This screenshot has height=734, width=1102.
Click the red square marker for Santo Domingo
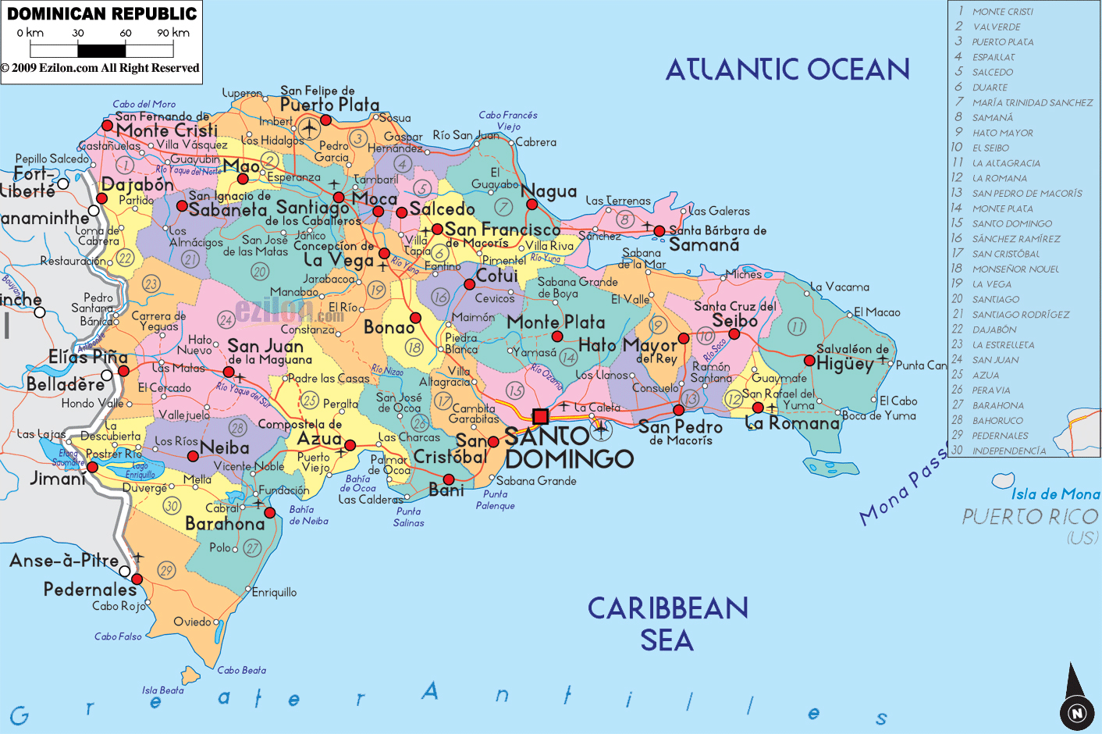(540, 416)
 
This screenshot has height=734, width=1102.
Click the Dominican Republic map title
(102, 14)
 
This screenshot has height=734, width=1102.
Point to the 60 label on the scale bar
(126, 33)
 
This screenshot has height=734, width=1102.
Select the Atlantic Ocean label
(787, 70)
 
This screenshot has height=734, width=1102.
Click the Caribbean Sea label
(667, 624)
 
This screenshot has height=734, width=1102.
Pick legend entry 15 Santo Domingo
(1011, 224)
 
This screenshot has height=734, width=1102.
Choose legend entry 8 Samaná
(993, 118)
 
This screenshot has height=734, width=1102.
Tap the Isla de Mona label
(1055, 494)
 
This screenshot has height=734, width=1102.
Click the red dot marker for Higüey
(809, 361)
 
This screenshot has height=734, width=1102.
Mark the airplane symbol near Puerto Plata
(309, 127)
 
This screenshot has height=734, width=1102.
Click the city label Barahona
(225, 524)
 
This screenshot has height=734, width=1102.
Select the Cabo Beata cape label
(241, 670)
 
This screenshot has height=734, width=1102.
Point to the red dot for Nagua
(531, 205)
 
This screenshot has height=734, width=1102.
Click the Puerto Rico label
(1029, 517)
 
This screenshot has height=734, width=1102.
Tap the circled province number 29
(166, 571)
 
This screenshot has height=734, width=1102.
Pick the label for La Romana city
(792, 424)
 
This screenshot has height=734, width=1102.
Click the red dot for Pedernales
(137, 579)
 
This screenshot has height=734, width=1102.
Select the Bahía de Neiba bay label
(308, 515)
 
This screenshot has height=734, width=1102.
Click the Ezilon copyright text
(100, 68)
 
